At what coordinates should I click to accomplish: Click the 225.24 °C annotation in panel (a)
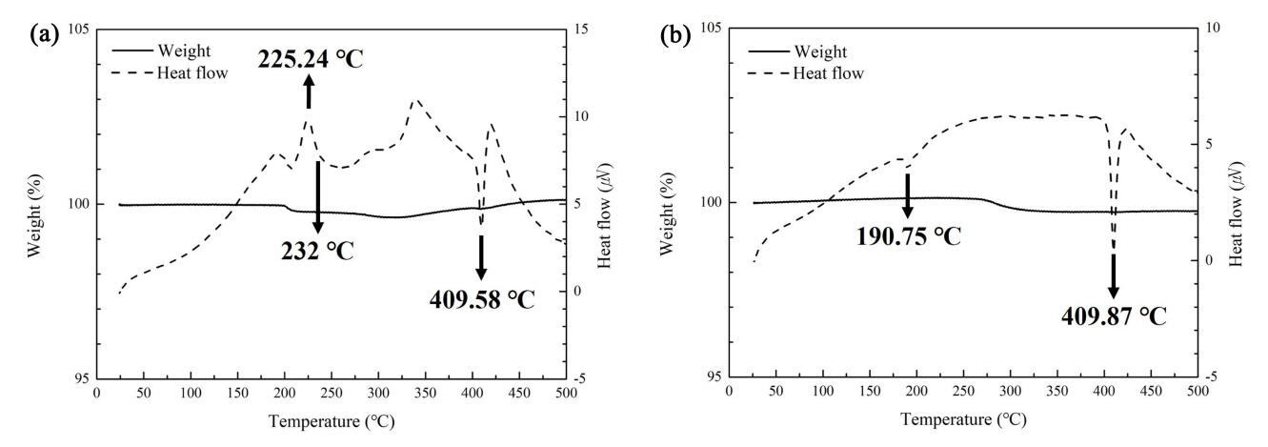coord(311,61)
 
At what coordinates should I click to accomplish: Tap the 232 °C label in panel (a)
coord(316,251)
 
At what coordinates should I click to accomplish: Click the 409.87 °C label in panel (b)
coord(1114,315)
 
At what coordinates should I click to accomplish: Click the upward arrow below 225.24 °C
coord(309,92)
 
